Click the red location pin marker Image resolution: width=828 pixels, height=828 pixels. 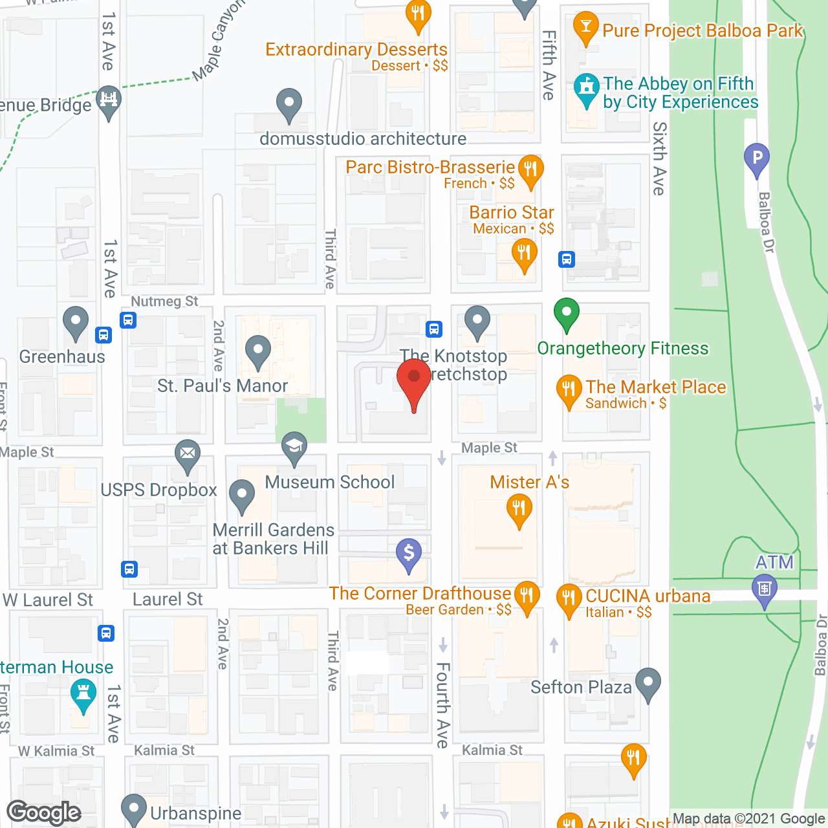(413, 379)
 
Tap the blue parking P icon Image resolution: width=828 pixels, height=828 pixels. (757, 157)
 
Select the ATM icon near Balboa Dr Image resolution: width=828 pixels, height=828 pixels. (765, 589)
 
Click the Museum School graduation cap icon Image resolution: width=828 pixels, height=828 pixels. (294, 446)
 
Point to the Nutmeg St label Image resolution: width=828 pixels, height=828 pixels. (164, 301)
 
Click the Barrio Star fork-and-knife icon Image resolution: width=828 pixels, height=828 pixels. (524, 253)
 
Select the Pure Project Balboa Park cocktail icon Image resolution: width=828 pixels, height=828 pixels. (586, 27)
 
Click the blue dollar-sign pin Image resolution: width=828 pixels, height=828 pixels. (409, 554)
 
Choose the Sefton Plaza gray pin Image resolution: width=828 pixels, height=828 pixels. (648, 682)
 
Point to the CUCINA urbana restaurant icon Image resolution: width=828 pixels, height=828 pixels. (569, 598)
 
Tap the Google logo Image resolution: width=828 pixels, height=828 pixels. (44, 812)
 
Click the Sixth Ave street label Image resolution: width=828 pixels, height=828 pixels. (659, 158)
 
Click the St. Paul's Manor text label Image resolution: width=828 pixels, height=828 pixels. (223, 386)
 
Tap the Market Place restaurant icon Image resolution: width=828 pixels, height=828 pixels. (569, 389)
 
